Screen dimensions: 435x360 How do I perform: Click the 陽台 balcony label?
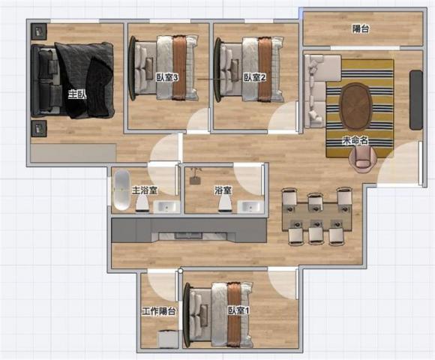(361, 28)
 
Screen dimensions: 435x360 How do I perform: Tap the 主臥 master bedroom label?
(77, 94)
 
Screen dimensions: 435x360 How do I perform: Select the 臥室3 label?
(166, 78)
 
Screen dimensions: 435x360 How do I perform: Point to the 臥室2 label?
(255, 78)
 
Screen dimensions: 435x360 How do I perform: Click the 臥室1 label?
(238, 310)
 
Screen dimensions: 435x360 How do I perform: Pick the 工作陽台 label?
(159, 311)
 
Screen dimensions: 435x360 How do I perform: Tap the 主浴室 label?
(145, 190)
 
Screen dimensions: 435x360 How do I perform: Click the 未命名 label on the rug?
(355, 141)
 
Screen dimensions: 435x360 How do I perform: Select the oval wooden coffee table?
(356, 106)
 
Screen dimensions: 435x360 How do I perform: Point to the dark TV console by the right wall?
(416, 100)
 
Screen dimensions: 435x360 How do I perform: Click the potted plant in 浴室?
(196, 175)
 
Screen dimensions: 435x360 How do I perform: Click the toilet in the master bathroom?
(142, 203)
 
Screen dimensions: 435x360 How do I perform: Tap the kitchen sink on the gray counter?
(188, 236)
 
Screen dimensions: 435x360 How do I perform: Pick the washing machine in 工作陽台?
(168, 339)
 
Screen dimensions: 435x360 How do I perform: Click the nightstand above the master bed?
(39, 31)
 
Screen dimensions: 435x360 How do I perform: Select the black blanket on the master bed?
(85, 80)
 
